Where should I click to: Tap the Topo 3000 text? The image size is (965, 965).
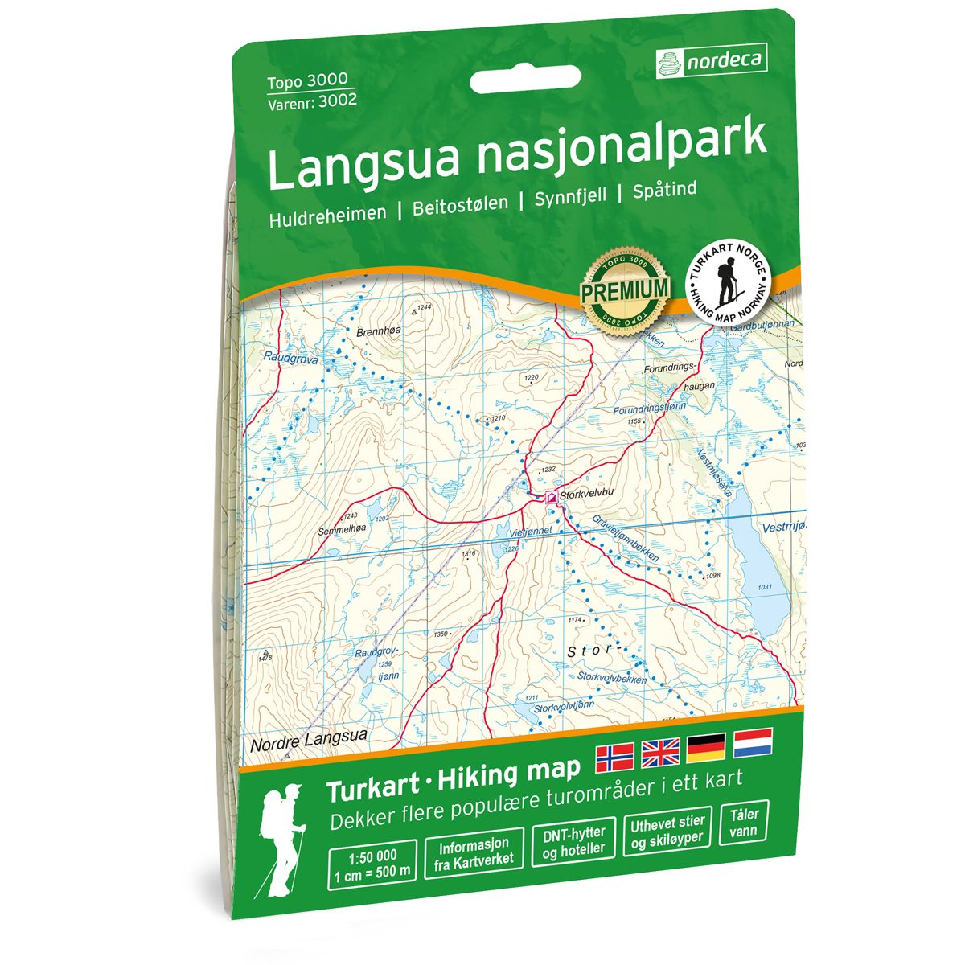pyautogui.click(x=307, y=81)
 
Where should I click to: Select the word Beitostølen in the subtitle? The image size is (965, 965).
pyautogui.click(x=460, y=206)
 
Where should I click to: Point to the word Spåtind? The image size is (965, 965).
pyautogui.click(x=664, y=192)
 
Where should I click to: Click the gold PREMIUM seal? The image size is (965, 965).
pyautogui.click(x=626, y=289)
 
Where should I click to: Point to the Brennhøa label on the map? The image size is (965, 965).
pyautogui.click(x=377, y=331)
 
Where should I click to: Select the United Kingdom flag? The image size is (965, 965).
pyautogui.click(x=660, y=753)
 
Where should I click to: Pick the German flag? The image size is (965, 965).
pyautogui.click(x=706, y=748)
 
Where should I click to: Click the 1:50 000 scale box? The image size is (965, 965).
pyautogui.click(x=372, y=859)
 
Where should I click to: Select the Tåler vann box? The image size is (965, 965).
pyautogui.click(x=744, y=821)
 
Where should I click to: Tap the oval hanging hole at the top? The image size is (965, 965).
pyautogui.click(x=515, y=80)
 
